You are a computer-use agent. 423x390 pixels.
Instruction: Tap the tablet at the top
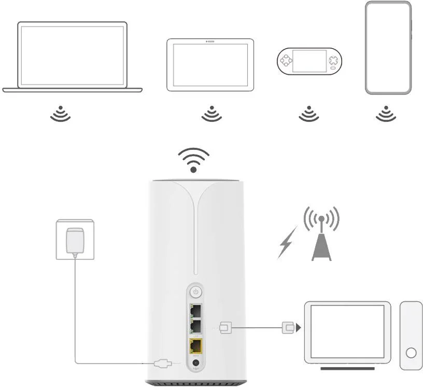210,65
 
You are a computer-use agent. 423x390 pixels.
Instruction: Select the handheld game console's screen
310,61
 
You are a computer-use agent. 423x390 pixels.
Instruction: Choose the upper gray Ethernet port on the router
196,311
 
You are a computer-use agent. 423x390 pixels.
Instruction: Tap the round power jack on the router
196,363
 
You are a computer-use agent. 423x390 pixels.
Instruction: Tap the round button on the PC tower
411,353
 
